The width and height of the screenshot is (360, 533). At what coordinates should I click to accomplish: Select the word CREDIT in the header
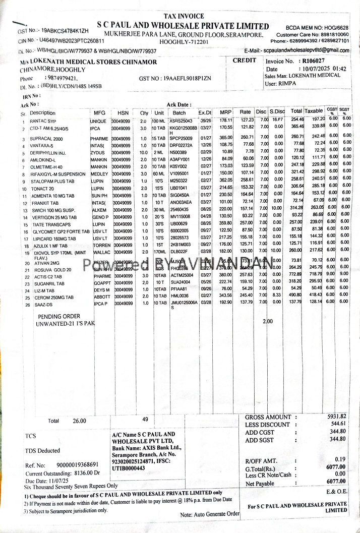pos(245,61)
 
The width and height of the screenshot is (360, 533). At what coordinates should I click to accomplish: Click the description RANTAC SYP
pos(43,122)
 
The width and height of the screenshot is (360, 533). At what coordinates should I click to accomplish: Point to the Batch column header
pos(179,113)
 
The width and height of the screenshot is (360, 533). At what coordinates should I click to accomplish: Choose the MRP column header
pos(225,112)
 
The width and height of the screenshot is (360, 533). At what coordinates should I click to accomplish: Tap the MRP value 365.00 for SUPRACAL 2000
pos(225,138)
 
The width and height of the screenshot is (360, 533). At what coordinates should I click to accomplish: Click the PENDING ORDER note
pos(59,316)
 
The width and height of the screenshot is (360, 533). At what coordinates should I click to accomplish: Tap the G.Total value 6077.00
pos(335,467)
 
